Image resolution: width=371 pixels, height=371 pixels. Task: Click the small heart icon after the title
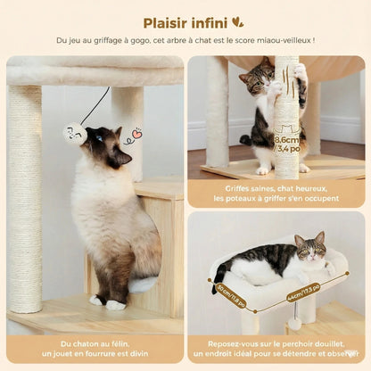point(237,21)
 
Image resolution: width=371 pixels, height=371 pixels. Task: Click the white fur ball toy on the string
point(74,134)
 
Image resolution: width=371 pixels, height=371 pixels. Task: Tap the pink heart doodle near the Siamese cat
point(136,136)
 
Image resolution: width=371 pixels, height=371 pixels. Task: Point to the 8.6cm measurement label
point(287,140)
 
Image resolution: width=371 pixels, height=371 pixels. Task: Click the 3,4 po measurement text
point(287,150)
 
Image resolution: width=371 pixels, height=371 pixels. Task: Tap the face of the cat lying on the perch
point(309,251)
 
